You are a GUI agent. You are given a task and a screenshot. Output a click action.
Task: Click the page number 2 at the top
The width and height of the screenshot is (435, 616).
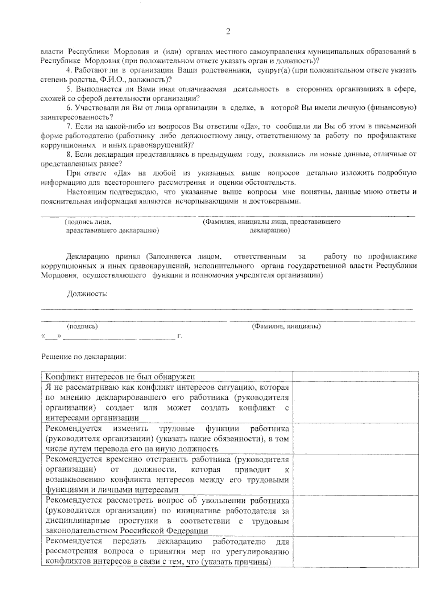[228, 32]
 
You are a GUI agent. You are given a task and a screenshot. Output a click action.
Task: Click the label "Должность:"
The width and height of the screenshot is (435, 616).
[87, 293]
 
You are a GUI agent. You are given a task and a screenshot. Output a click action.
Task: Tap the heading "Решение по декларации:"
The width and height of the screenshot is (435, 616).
[84, 357]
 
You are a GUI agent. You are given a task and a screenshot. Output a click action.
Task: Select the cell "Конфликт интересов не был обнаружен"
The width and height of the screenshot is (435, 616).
[120, 377]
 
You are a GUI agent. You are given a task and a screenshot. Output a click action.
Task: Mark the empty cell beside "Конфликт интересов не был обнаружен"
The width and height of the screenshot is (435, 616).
[355, 377]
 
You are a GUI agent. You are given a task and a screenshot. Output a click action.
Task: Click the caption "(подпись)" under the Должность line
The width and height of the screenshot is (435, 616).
[83, 327]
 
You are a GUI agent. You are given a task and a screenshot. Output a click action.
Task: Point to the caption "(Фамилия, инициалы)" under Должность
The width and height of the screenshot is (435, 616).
[286, 327]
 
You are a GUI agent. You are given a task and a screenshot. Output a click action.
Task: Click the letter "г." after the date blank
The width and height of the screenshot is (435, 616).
[179, 336]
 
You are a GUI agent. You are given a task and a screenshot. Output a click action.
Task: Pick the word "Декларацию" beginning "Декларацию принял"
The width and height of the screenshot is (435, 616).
[87, 257]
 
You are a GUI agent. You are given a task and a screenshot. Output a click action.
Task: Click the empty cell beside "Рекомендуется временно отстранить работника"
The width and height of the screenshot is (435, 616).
[355, 474]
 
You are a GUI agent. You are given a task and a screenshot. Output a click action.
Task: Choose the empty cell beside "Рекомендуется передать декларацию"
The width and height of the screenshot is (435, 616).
[355, 552]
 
